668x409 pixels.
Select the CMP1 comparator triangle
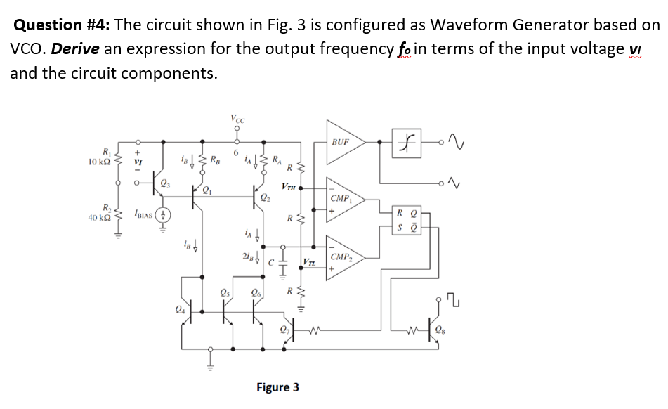344,200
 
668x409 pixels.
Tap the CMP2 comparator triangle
344,259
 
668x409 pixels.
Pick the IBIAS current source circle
163,214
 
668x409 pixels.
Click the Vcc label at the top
238,119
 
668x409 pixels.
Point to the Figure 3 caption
277,387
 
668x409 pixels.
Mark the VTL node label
309,262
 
